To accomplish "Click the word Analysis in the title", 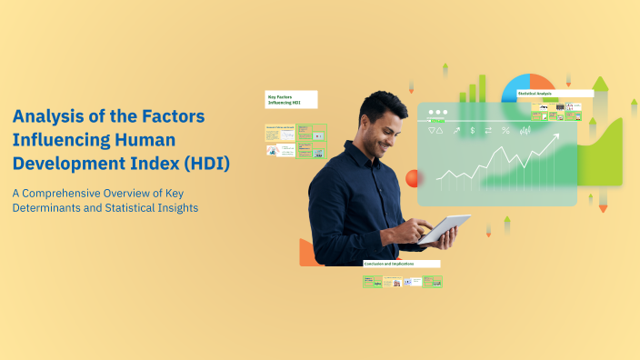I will pyautogui.click(x=46, y=116).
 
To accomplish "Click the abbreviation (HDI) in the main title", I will pyautogui.click(x=206, y=164).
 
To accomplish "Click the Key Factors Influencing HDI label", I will pyautogui.click(x=291, y=98).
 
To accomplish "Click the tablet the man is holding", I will pyautogui.click(x=444, y=228).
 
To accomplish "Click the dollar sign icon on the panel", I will pyautogui.click(x=472, y=131).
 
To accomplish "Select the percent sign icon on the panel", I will pyautogui.click(x=505, y=131).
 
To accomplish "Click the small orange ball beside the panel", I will pyautogui.click(x=413, y=178).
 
